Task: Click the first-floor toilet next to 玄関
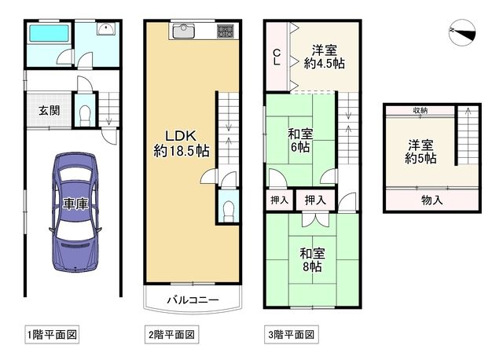point(86,115)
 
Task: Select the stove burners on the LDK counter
point(225,31)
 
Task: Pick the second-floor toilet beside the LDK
point(227,208)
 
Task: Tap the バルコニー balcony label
point(192,299)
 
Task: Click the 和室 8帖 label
point(312,260)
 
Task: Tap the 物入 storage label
point(431,200)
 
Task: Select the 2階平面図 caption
point(170,334)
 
